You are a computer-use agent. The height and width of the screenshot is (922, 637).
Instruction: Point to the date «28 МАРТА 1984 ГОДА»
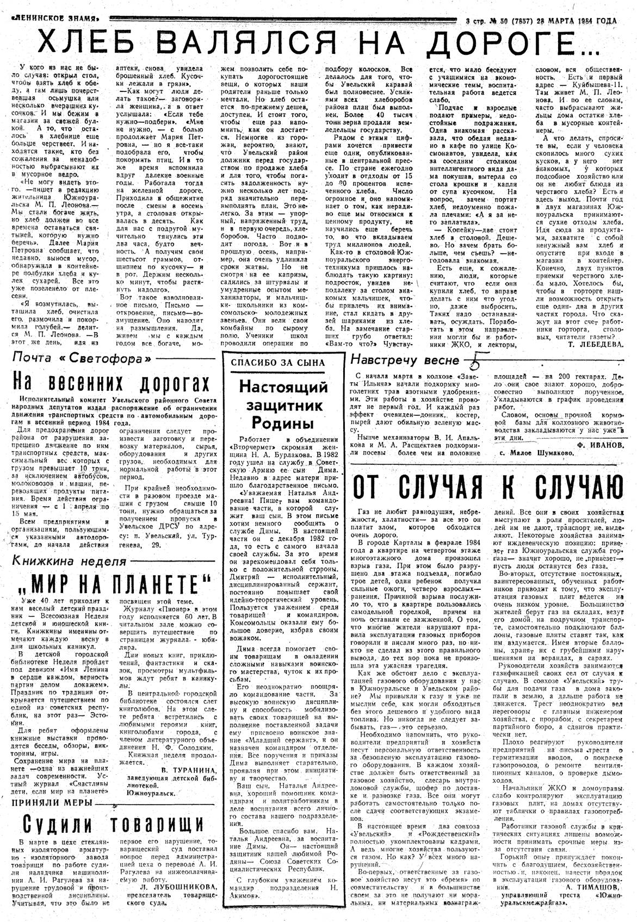(x=577, y=21)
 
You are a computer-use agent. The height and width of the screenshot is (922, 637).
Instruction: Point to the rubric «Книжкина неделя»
(x=68, y=560)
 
